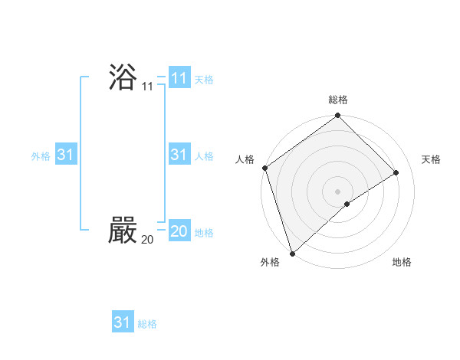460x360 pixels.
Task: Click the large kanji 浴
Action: click(123, 77)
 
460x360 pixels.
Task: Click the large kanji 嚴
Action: click(123, 230)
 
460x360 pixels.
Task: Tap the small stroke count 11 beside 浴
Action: click(147, 87)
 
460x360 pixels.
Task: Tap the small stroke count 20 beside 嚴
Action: click(147, 240)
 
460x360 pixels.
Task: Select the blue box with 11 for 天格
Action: click(179, 77)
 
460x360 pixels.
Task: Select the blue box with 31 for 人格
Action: click(179, 155)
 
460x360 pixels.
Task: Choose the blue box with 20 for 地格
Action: click(179, 231)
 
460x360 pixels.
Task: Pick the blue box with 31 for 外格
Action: click(66, 155)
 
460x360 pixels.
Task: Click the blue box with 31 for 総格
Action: click(123, 322)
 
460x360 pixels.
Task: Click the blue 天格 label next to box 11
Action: click(204, 79)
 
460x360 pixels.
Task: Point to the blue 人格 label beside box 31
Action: click(204, 156)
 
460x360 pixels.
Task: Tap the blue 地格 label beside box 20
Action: click(204, 233)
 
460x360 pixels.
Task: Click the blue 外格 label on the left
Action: click(41, 156)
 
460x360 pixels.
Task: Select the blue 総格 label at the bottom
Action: click(147, 324)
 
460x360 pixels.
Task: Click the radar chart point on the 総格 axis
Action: click(337, 116)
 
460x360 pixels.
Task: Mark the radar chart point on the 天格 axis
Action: click(396, 172)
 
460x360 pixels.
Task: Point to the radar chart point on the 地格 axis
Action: click(347, 204)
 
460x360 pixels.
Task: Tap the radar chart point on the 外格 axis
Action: click(292, 253)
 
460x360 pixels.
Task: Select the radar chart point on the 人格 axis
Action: click(264, 168)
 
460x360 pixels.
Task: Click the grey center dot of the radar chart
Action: click(337, 191)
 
